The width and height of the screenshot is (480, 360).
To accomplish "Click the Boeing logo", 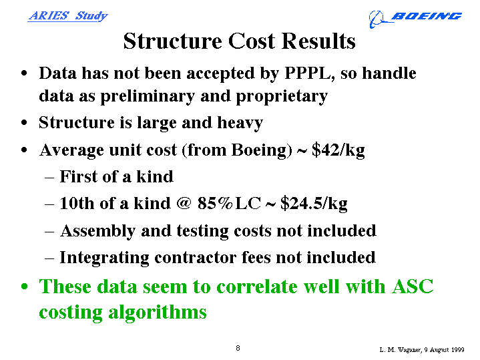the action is click(415, 19).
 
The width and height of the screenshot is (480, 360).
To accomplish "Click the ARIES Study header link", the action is click(67, 16).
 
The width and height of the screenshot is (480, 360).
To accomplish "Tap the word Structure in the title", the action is click(173, 41).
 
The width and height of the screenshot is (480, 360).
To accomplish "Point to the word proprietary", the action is click(282, 97).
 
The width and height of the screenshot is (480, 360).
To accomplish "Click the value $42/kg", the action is click(338, 150).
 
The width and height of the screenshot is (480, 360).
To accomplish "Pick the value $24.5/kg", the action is click(314, 204).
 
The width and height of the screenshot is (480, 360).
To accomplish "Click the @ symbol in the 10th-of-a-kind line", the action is click(184, 203).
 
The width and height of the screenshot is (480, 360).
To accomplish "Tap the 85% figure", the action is click(215, 203).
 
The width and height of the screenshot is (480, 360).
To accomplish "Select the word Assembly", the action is click(98, 231).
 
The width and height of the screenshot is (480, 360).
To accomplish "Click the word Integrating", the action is click(104, 258).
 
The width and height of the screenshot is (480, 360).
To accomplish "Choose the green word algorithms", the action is click(158, 313).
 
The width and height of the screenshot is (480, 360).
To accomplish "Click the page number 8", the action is click(238, 348).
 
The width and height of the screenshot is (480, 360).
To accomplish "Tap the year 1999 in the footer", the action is click(457, 349).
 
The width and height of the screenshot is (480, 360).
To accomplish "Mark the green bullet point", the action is click(25, 287).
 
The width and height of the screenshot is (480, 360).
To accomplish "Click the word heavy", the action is click(240, 123).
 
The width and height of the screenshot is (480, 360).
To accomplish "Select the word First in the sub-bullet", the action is click(78, 176).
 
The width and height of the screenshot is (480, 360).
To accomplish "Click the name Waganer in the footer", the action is click(410, 350).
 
